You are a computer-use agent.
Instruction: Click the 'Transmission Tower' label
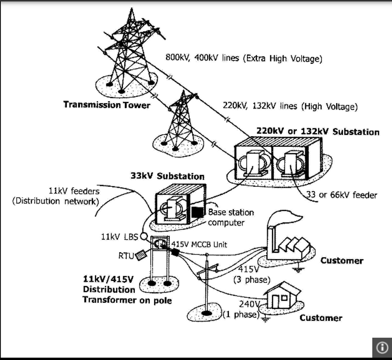tap(107, 105)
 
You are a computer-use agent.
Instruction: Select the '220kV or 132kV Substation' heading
tap(318, 132)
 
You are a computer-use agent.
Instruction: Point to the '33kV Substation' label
tap(167, 176)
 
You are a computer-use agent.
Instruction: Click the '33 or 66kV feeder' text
tap(342, 195)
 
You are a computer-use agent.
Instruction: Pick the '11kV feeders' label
tap(74, 191)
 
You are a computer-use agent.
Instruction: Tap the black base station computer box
tap(197, 212)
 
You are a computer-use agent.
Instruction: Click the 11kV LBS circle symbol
tap(143, 237)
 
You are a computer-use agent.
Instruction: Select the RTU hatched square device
tap(141, 255)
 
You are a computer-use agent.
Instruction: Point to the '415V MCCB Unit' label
tap(199, 244)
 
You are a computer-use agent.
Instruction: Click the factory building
tap(288, 248)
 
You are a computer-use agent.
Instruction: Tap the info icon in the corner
tap(382, 347)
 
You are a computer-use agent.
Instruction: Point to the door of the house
tap(275, 302)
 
